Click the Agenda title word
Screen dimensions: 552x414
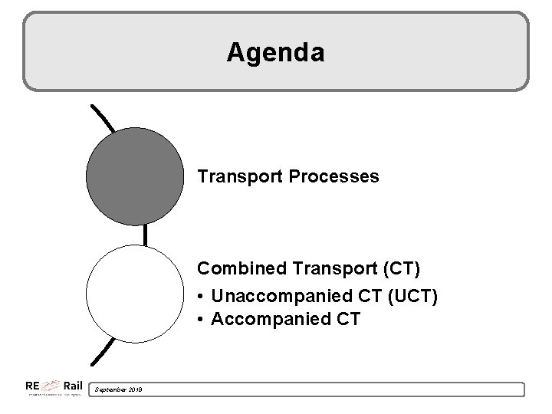[276, 52]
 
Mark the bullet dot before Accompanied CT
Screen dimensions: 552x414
[202, 318]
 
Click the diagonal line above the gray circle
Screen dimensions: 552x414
[102, 118]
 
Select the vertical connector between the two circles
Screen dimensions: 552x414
[144, 234]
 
